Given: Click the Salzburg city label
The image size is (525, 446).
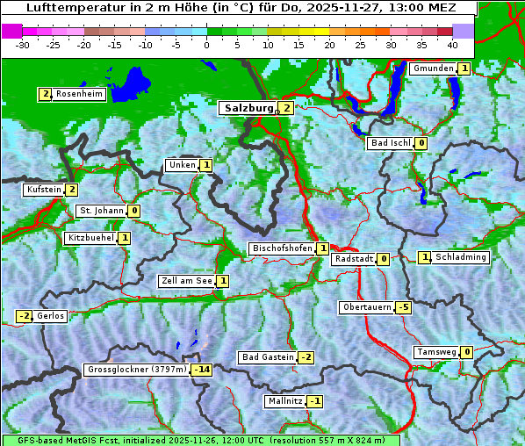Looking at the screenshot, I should pyautogui.click(x=248, y=108).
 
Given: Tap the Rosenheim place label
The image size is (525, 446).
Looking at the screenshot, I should pyautogui.click(x=78, y=94).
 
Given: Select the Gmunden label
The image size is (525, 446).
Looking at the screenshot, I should pyautogui.click(x=433, y=68).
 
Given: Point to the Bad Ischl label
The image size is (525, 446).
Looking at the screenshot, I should pyautogui.click(x=390, y=143).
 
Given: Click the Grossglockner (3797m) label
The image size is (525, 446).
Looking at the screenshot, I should pyautogui.click(x=137, y=370).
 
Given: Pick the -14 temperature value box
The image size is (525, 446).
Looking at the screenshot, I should pyautogui.click(x=202, y=370).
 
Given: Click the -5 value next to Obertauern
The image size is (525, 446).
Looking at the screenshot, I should pyautogui.click(x=403, y=307).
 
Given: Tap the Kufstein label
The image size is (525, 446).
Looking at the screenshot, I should pyautogui.click(x=43, y=190).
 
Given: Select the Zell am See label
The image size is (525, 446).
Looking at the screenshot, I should pyautogui.click(x=186, y=281).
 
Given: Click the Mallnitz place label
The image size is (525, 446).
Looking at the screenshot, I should pyautogui.click(x=285, y=401).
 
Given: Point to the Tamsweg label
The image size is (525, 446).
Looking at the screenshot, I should pyautogui.click(x=436, y=352).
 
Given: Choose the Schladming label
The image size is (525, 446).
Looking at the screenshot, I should pyautogui.click(x=460, y=257).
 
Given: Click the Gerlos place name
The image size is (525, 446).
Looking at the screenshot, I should pyautogui.click(x=51, y=316).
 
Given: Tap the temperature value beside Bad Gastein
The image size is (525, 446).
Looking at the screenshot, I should pyautogui.click(x=306, y=357).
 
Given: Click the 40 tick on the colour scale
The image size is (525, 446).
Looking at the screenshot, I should pyautogui.click(x=452, y=45).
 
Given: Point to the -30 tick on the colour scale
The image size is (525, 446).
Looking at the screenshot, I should pyautogui.click(x=23, y=45).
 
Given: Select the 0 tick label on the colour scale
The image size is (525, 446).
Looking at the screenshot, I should pyautogui.click(x=207, y=45).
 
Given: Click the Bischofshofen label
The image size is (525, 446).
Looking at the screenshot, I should pyautogui.click(x=282, y=249).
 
